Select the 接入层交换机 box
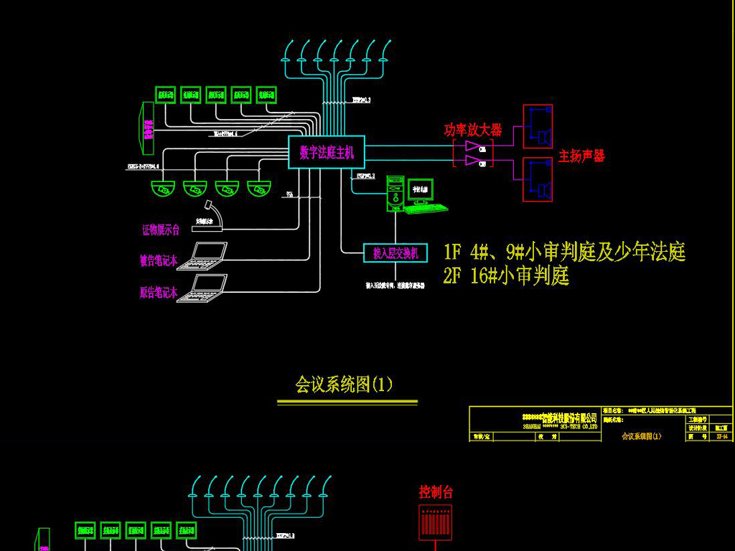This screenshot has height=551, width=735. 395,253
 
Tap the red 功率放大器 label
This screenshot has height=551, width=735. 472,130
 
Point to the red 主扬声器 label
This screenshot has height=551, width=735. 581,155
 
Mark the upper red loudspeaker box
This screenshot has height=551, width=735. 538,127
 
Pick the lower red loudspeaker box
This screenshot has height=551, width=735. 538,179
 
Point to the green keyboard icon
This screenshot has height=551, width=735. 427,208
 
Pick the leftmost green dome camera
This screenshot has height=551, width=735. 164,189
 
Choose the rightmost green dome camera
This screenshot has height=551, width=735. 259,189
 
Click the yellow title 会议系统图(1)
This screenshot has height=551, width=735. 345,385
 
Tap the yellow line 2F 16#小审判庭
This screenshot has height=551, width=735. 505,275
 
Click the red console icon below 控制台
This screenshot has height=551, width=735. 436,522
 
